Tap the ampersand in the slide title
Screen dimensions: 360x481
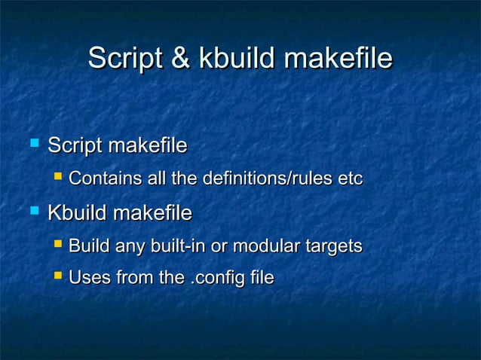pos(180,59)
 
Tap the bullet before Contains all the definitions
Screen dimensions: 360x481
pos(58,178)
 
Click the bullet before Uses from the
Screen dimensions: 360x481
pos(58,277)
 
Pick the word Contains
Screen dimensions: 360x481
pos(97,179)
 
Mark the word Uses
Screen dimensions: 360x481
pos(87,279)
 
